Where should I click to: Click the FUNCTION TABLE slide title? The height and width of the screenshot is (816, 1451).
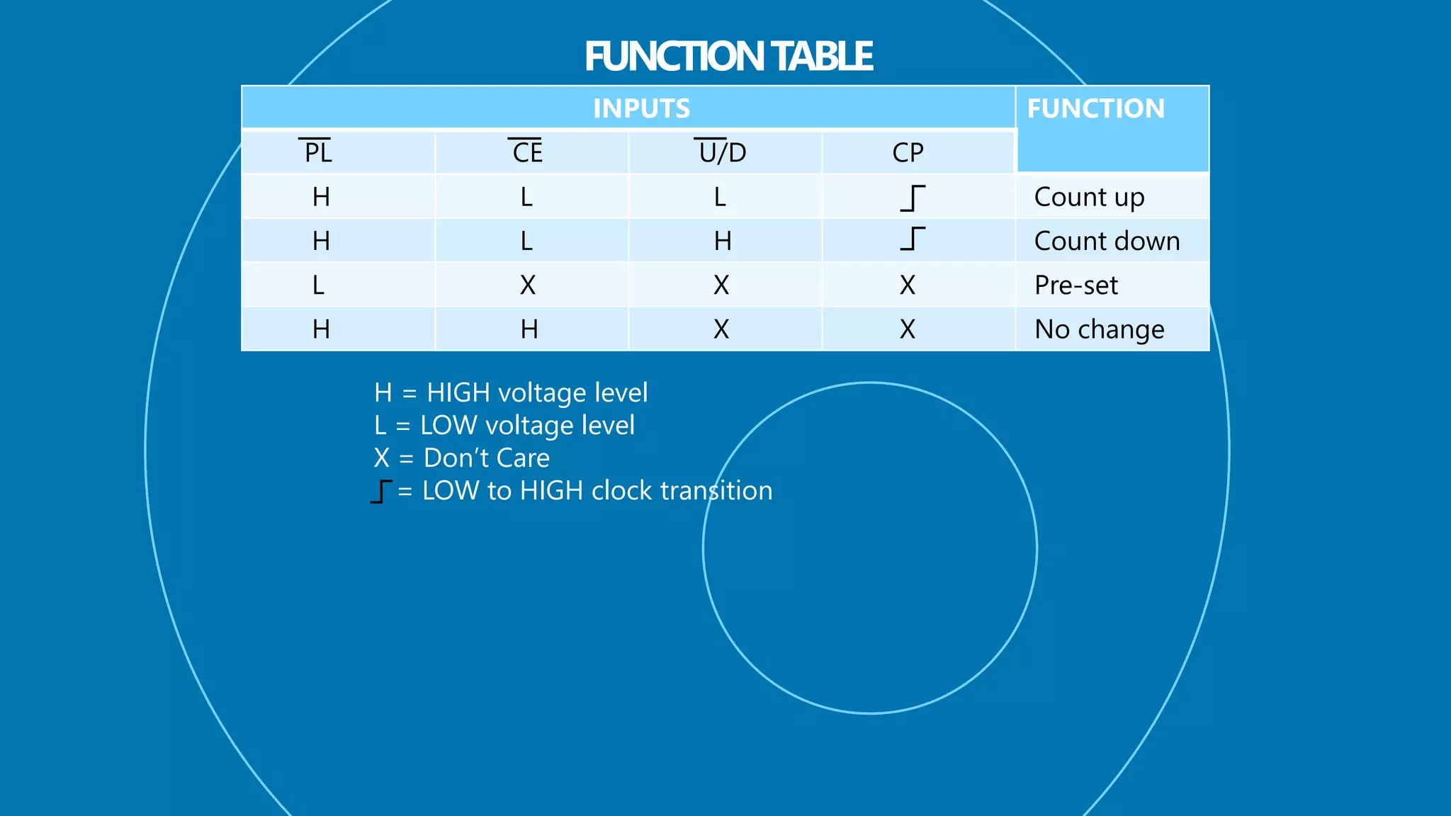coord(728,57)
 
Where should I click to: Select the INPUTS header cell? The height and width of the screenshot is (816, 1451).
coord(641,108)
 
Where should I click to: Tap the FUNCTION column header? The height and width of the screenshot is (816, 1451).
coord(1095,108)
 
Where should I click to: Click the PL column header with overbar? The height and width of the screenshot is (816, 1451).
coord(317,152)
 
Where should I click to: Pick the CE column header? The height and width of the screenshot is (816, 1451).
coord(527,152)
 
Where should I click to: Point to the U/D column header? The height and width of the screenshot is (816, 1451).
coord(722,152)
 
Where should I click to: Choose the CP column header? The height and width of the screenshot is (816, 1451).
coord(908,152)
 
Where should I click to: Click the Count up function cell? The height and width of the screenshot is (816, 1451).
coord(1089,197)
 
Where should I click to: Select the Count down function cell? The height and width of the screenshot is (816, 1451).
coord(1107,241)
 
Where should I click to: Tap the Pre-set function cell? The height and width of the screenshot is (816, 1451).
coord(1075,285)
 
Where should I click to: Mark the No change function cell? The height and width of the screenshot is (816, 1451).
coord(1099,329)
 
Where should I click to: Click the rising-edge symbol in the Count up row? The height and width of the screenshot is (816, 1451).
coord(913,198)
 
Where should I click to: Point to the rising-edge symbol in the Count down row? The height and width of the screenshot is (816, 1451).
coord(913,239)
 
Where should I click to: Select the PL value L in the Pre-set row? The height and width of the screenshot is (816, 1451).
coord(319,285)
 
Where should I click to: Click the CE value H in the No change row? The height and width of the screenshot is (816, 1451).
coord(529,329)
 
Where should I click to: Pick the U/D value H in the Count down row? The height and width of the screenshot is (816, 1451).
coord(723,241)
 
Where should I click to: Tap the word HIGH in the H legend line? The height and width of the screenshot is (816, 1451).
coord(458,392)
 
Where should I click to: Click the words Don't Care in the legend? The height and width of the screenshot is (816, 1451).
coord(486,458)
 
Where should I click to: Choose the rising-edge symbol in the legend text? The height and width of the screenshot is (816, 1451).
coord(381,491)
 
